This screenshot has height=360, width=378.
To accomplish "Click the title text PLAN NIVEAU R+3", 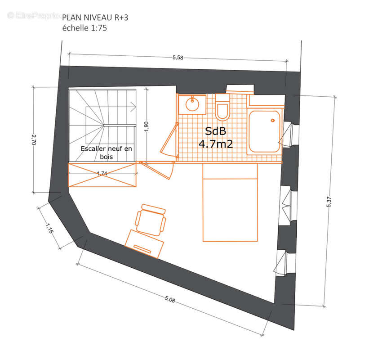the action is click(95, 18).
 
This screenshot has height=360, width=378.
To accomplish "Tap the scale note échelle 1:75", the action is click(84, 28).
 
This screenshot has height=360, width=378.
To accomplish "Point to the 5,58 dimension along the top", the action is click(178, 58).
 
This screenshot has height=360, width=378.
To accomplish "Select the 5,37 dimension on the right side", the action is click(329, 202).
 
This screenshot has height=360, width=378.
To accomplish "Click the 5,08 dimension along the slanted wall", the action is click(170, 299).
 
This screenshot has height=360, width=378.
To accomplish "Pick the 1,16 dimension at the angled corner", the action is click(49, 228).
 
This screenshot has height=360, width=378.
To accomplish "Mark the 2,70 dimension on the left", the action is click(34, 139).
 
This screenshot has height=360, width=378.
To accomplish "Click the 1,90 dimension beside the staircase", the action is click(147, 126).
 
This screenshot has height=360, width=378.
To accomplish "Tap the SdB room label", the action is click(215, 131).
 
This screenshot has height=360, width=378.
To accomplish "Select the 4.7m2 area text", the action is click(216, 144).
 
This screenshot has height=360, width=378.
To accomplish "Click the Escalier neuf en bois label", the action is click(107, 153).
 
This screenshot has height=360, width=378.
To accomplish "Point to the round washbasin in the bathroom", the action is click(192, 104).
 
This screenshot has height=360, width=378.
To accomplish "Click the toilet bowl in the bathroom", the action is click(222, 111).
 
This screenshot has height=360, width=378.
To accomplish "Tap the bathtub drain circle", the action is click(273, 121).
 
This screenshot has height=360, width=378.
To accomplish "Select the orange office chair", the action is click(151, 220).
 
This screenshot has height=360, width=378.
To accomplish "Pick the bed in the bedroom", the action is click(230, 202).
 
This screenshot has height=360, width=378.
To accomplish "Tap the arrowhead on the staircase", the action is click(133, 106).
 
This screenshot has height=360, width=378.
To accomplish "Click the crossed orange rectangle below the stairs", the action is click(102, 175).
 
